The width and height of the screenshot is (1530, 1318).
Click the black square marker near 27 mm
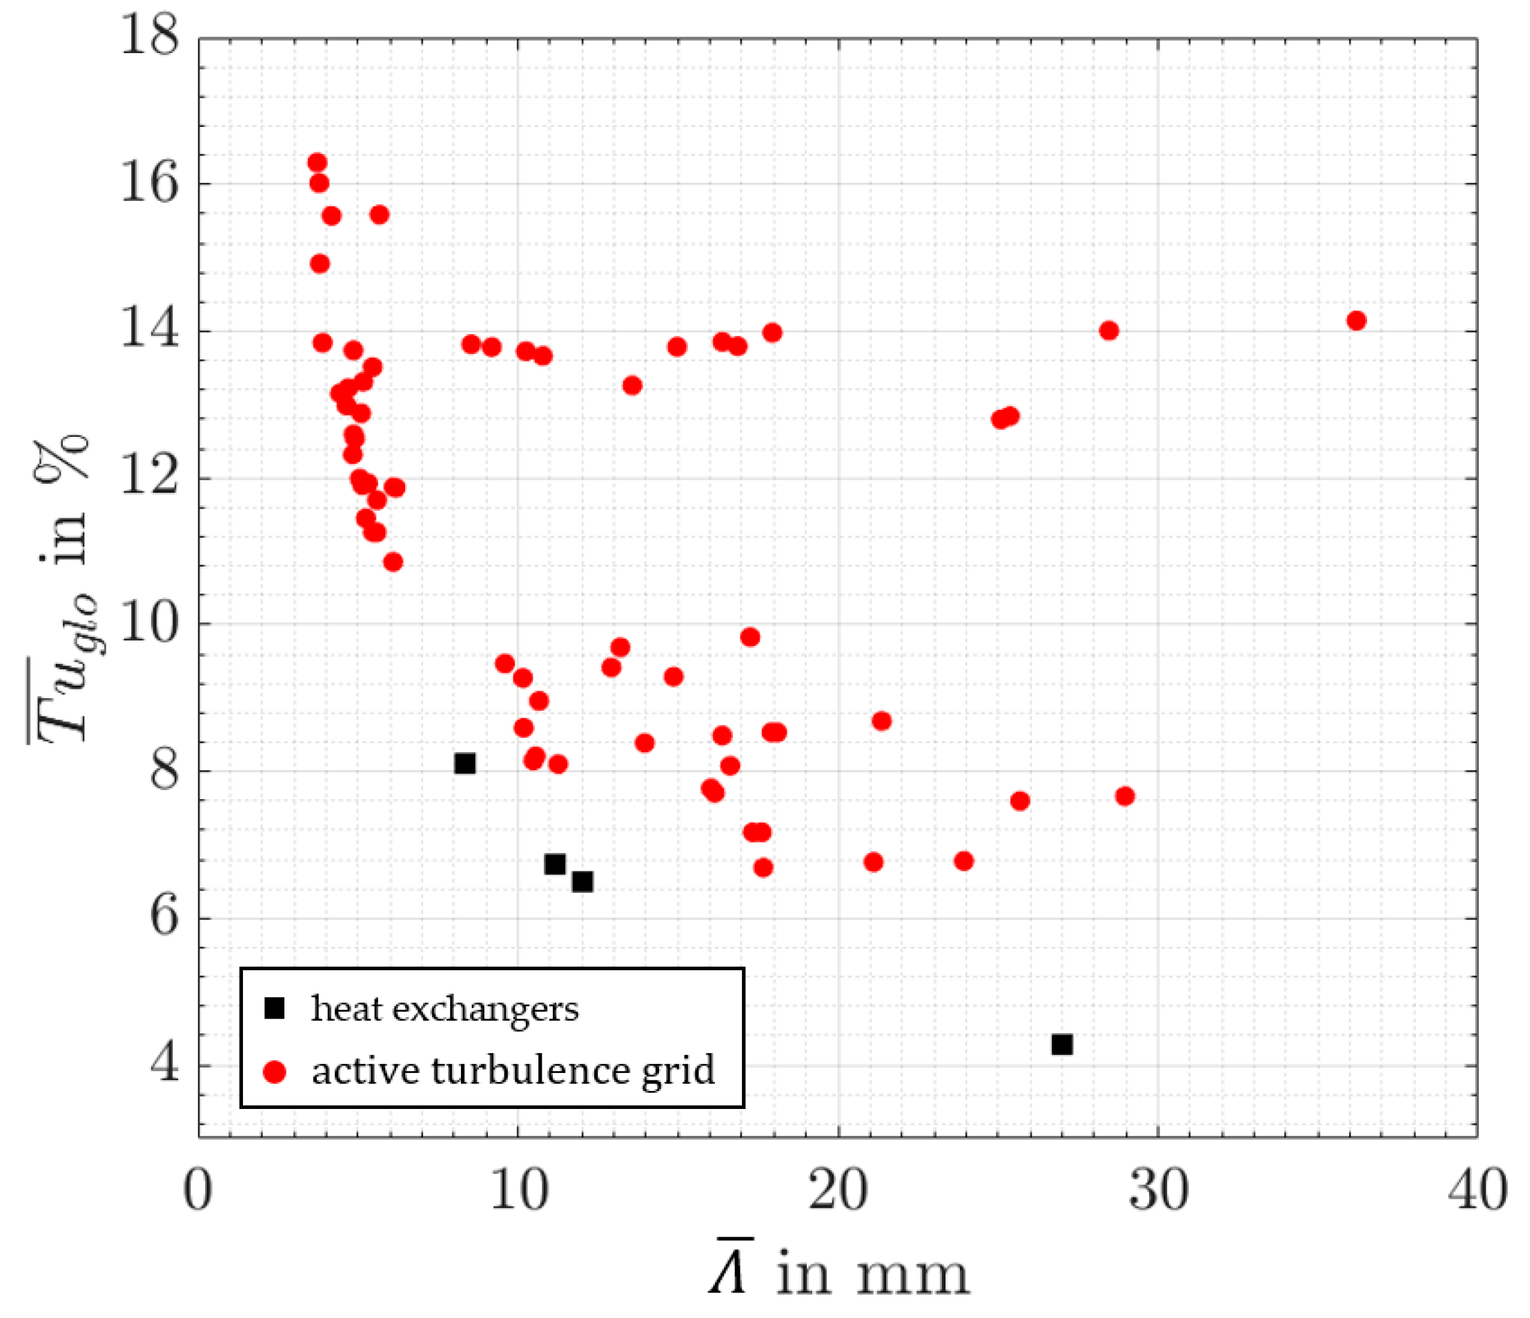(1061, 1044)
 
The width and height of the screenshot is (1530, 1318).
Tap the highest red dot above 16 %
(317, 162)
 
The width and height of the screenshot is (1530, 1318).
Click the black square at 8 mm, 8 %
(464, 763)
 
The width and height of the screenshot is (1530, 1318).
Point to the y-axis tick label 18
(149, 37)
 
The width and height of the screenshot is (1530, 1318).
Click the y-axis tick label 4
(164, 1064)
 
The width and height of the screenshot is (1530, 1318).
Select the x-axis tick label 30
(1158, 1191)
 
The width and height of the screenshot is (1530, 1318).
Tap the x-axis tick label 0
(198, 1191)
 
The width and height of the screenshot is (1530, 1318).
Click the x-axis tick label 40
(1477, 1191)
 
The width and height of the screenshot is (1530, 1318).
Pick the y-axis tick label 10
(149, 624)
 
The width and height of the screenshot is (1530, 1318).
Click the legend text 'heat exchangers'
(444, 1009)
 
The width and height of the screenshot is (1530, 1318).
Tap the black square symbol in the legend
(275, 1008)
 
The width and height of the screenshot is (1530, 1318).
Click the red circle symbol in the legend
(275, 1072)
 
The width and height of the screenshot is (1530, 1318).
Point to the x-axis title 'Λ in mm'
(838, 1272)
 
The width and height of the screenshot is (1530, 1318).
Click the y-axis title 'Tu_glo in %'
(63, 591)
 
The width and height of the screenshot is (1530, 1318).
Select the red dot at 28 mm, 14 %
(1108, 330)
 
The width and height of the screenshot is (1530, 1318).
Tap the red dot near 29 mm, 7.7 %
(1125, 796)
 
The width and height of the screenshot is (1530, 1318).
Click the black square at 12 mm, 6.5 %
(582, 881)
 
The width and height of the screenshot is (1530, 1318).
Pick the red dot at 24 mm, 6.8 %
(963, 861)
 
